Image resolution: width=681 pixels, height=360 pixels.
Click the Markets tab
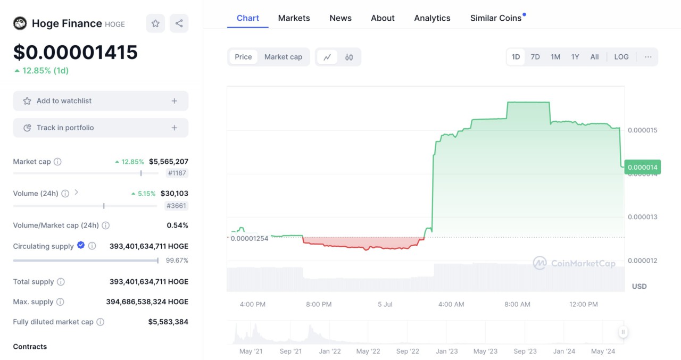(294, 18)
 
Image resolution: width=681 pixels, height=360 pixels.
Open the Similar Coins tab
(496, 18)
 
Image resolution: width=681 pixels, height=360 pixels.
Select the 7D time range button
(535, 57)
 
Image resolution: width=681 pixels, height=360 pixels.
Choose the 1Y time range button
(575, 57)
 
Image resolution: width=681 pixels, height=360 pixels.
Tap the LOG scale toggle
(621, 57)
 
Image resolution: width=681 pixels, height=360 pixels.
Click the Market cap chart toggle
(283, 57)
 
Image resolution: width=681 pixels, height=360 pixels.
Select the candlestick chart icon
(349, 57)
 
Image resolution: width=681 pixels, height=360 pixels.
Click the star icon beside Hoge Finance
(155, 23)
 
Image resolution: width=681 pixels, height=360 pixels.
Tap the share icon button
(179, 23)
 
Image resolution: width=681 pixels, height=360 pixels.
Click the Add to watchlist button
(101, 101)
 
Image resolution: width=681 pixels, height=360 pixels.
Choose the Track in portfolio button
(101, 128)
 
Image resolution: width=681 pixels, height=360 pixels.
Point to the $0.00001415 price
(76, 52)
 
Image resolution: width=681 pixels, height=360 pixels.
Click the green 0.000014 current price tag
(643, 168)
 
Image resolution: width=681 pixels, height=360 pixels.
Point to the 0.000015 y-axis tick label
(643, 130)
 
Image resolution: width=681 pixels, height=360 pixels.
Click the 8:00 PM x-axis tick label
(319, 304)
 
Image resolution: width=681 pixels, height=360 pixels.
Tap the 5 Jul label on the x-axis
(385, 304)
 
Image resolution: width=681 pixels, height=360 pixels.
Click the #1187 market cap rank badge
(177, 173)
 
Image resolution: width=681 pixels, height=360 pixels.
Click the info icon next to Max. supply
(60, 302)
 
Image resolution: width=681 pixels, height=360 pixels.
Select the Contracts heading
(30, 347)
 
